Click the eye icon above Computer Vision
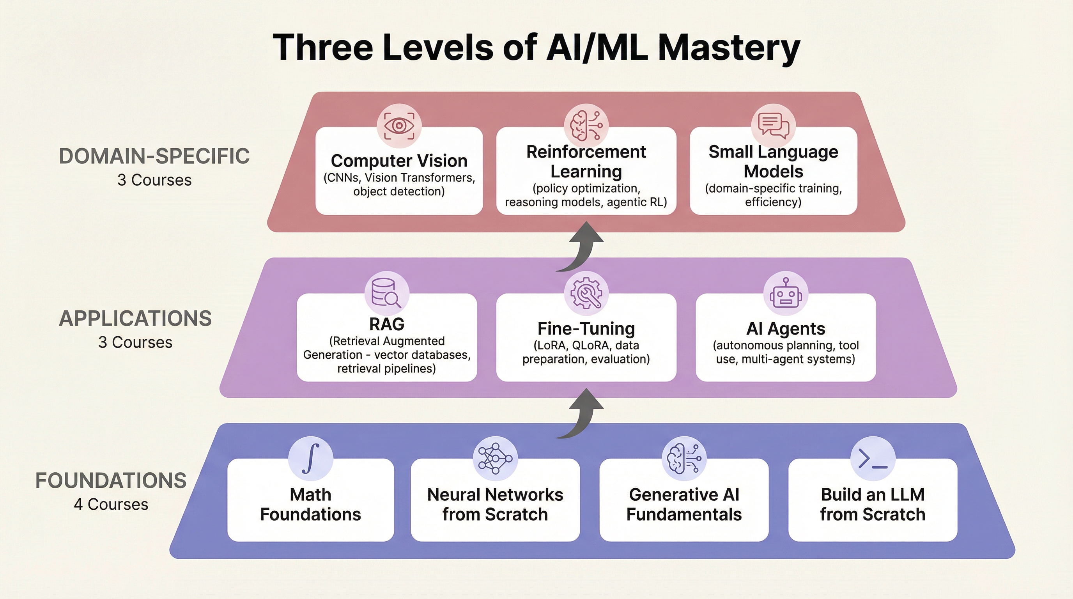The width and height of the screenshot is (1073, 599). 399,126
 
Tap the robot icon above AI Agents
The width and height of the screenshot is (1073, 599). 786,293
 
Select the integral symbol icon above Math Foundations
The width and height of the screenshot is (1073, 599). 311,458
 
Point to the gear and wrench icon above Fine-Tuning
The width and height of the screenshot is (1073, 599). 586,293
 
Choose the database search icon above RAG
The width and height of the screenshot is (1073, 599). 386,293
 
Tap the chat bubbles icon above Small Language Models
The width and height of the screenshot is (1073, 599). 773,126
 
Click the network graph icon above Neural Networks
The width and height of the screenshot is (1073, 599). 495,459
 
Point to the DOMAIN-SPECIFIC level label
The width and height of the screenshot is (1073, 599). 154,157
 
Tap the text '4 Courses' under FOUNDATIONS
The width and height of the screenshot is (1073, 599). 111,505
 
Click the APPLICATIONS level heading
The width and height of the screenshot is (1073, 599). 135,319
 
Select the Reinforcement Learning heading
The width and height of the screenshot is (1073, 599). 586,161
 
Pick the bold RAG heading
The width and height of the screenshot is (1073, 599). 386,324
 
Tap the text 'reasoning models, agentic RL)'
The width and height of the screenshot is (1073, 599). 586,202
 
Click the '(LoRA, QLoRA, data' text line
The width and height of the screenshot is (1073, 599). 586,345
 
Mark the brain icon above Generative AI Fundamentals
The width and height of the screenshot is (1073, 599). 683,459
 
